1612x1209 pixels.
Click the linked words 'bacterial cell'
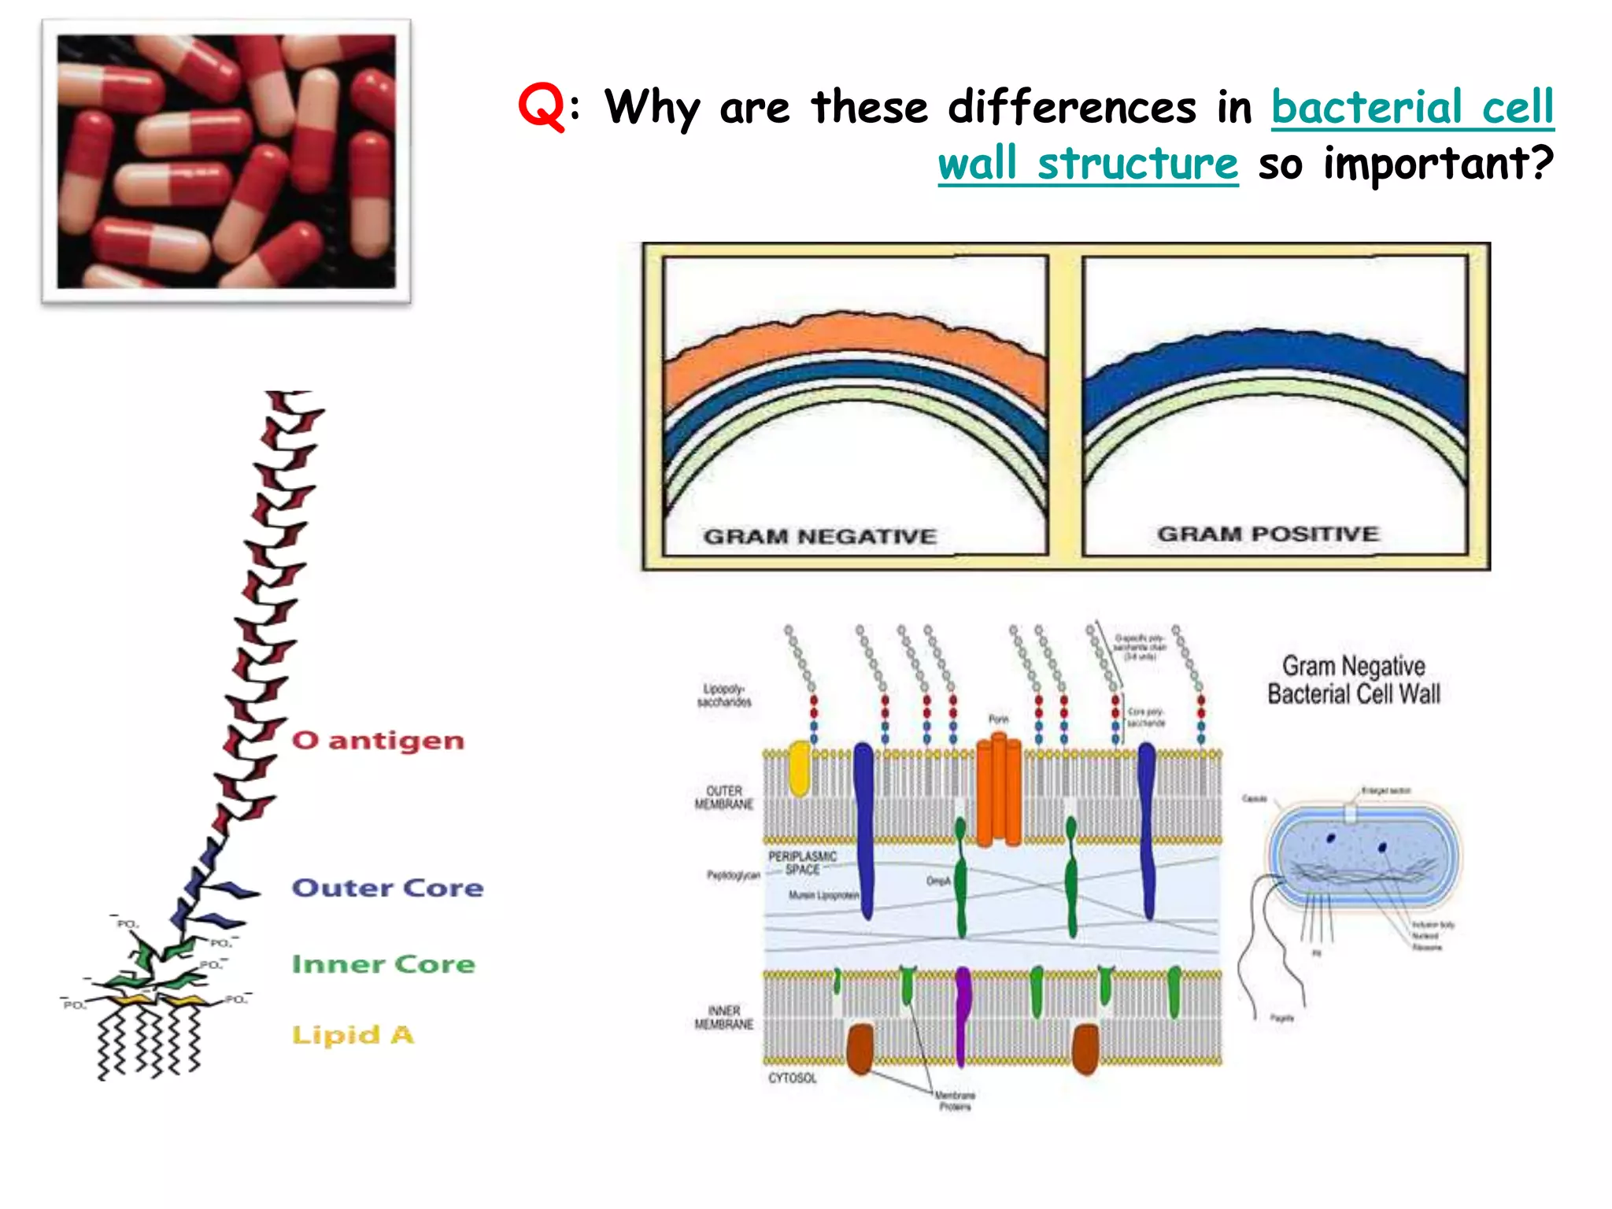1412,107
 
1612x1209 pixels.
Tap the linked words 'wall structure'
1088,164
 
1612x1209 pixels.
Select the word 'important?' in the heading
1438,164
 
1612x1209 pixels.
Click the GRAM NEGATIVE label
819,537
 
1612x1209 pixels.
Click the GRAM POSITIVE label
1267,534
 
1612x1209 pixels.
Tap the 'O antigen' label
378,741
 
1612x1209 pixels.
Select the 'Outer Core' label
387,888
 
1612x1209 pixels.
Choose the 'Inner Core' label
383,964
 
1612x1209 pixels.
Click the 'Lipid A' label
353,1034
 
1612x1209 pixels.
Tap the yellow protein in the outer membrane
799,768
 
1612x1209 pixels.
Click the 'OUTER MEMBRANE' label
723,797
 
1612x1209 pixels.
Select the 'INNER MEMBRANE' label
723,1017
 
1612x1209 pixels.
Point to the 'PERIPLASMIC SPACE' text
802,863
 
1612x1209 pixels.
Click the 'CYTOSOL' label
792,1078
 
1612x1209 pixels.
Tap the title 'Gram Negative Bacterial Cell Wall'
1353,680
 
